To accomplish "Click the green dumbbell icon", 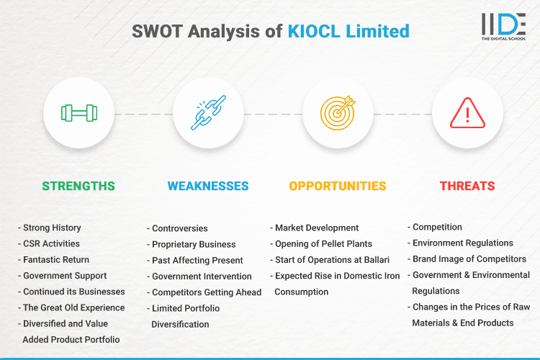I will [78, 113].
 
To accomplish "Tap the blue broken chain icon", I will [208, 113].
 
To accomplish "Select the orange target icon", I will [338, 113].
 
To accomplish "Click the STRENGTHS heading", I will [78, 186].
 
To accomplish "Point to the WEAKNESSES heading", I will [208, 186].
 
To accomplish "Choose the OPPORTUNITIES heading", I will [338, 186].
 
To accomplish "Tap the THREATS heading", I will [467, 186].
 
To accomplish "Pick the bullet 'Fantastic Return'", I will [56, 259].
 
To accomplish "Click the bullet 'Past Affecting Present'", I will [197, 260].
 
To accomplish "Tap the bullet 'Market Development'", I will [317, 228].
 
